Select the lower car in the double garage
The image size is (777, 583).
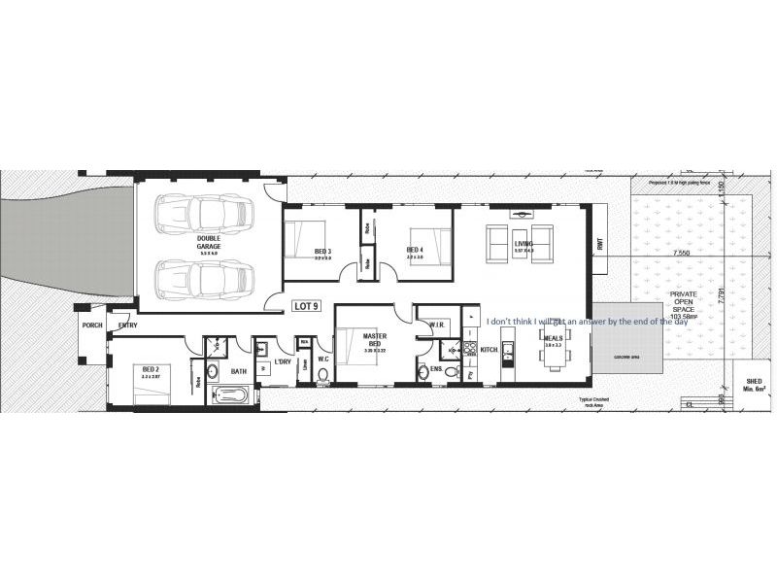coord(205,278)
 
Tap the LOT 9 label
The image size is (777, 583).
coord(306,306)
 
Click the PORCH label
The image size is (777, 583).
coord(92,326)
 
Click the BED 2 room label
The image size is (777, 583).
coord(151,369)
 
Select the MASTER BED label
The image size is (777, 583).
coord(376,340)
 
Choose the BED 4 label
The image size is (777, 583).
coord(415,251)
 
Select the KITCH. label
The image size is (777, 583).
coord(490,349)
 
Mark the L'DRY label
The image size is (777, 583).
coord(283,361)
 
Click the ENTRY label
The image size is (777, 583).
coord(127,326)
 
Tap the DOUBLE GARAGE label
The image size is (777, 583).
coord(209,242)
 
